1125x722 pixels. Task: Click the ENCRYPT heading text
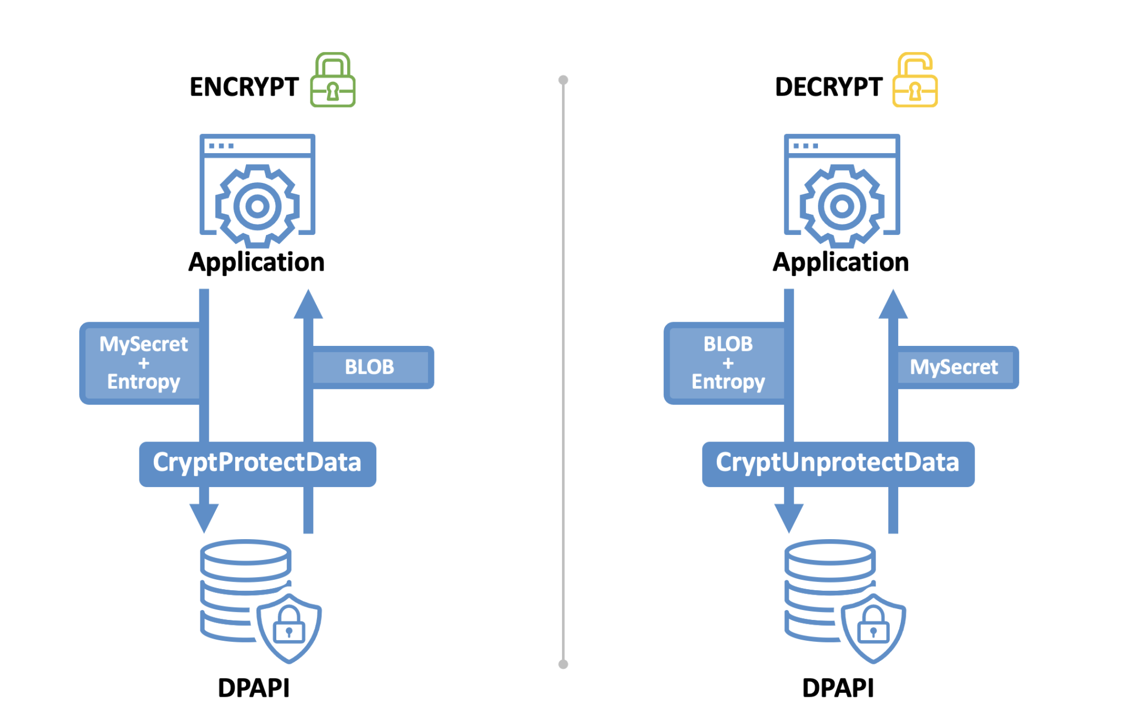click(244, 87)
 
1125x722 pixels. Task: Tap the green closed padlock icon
click(332, 81)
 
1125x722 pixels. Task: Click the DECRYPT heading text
click(828, 87)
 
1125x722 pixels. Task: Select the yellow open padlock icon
click(915, 81)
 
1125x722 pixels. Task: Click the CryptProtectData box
click(257, 463)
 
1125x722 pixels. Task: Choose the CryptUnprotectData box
click(838, 463)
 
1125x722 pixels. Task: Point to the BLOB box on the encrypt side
click(370, 367)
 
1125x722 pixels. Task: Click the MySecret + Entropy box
click(143, 363)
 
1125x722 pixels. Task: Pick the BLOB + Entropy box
click(727, 363)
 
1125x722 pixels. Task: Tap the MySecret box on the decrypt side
click(954, 367)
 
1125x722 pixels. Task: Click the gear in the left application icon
click(257, 206)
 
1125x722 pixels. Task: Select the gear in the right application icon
click(842, 206)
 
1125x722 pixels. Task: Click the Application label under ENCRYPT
click(256, 262)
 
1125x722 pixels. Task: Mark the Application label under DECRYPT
click(840, 262)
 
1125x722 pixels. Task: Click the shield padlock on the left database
click(289, 628)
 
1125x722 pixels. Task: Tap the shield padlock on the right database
click(873, 628)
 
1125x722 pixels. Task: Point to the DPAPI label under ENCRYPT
click(253, 687)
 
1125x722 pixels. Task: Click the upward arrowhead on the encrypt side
click(308, 305)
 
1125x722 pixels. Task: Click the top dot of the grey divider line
click(563, 80)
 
